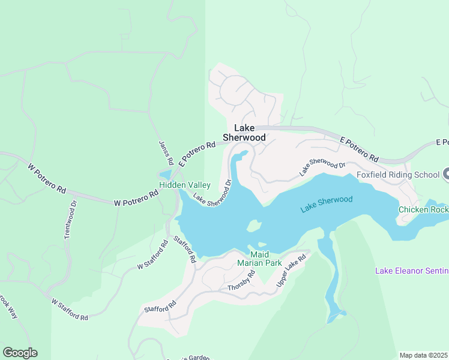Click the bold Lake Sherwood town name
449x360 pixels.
click(x=244, y=133)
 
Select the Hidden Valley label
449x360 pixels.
click(x=184, y=185)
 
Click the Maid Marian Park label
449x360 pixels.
click(x=259, y=259)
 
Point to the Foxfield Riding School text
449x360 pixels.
click(x=398, y=175)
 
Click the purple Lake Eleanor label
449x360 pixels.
click(x=411, y=271)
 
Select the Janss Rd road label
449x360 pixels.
click(x=166, y=153)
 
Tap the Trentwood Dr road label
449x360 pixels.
click(x=71, y=220)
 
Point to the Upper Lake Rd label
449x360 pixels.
click(x=291, y=269)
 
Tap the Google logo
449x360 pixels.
click(x=20, y=353)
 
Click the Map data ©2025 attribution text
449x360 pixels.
click(x=423, y=355)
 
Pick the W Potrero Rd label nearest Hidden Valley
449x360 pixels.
click(x=136, y=199)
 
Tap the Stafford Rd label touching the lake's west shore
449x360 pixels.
click(x=185, y=250)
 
